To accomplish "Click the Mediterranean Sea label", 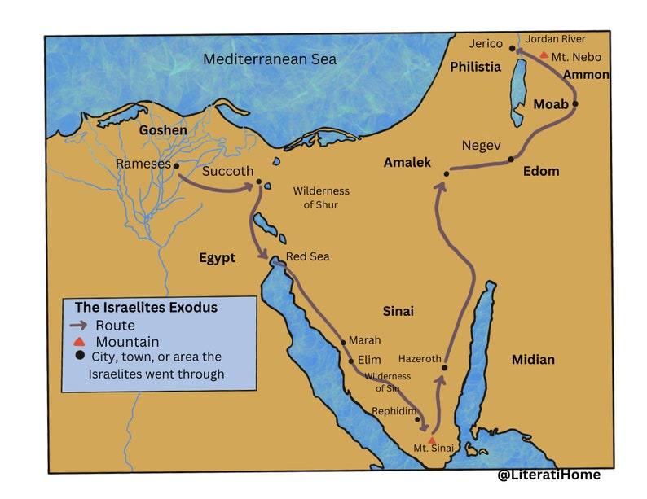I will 270,59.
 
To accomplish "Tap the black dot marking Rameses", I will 176,165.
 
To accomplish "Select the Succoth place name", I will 227,172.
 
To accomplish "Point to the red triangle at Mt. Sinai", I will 432,440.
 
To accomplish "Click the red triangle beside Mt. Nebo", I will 544,55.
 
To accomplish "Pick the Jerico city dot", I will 513,49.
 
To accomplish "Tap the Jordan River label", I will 555,38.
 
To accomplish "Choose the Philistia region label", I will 475,67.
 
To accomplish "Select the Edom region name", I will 541,171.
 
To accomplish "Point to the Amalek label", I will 407,163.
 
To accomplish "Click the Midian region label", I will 533,359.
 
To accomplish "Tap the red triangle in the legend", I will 79,341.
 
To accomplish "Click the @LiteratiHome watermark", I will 549,474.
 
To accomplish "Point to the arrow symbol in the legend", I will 80,326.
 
